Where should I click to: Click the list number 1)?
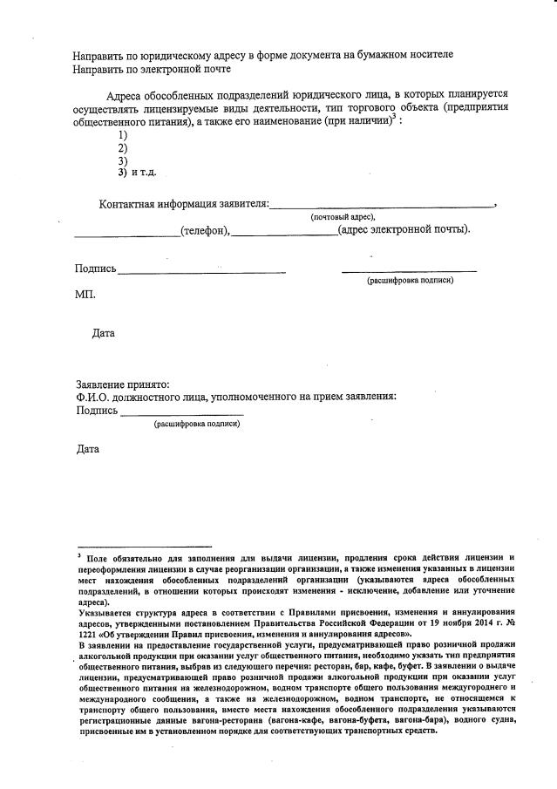(123, 135)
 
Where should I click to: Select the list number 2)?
(123, 148)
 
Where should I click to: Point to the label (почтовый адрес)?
(343, 216)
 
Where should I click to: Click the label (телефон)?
(204, 230)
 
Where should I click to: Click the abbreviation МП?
(85, 295)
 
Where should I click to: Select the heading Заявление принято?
(123, 384)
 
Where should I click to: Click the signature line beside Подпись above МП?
(201, 273)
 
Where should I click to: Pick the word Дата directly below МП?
(103, 333)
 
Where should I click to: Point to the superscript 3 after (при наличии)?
(394, 116)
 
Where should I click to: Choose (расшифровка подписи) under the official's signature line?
(197, 424)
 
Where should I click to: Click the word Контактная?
(128, 204)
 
